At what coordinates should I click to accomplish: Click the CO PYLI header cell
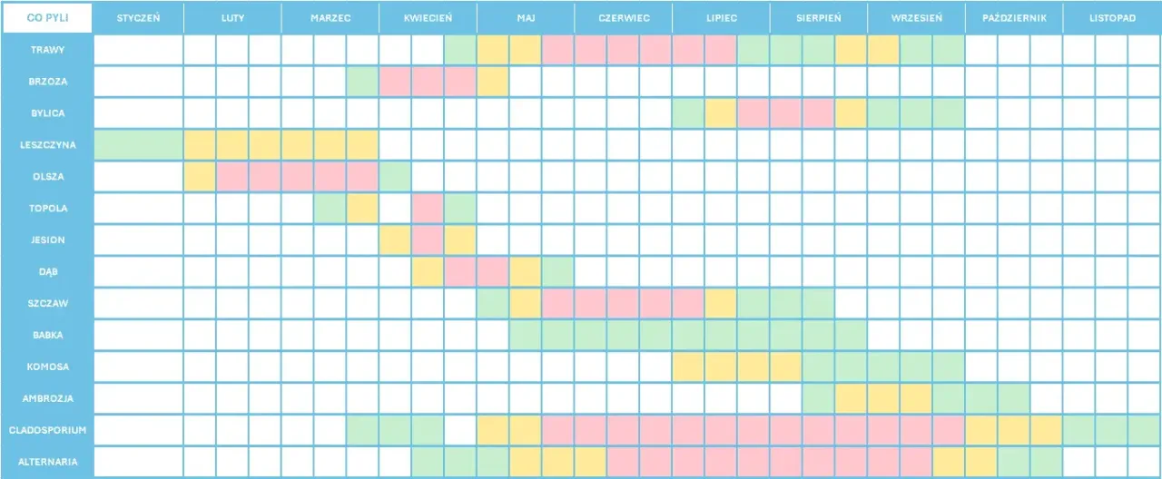click(47, 18)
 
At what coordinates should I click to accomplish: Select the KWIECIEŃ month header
click(428, 18)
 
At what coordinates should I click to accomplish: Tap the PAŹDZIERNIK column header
click(1013, 18)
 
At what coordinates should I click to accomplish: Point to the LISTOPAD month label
click(1111, 18)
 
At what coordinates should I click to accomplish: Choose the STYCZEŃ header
click(138, 18)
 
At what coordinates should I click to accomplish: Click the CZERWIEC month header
click(624, 18)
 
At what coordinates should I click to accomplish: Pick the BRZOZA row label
click(47, 82)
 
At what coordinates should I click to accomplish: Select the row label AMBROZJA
click(47, 398)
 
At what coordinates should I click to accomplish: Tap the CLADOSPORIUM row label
click(47, 430)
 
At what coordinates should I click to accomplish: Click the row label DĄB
click(47, 271)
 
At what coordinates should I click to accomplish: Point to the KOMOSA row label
click(47, 367)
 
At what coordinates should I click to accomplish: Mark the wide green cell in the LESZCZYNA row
click(138, 145)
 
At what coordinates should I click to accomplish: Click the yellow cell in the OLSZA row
click(200, 177)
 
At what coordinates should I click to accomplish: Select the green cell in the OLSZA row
click(395, 177)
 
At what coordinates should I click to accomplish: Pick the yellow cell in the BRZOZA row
click(493, 82)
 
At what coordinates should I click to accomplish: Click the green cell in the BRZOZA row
click(362, 82)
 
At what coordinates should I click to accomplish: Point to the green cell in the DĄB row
click(557, 271)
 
